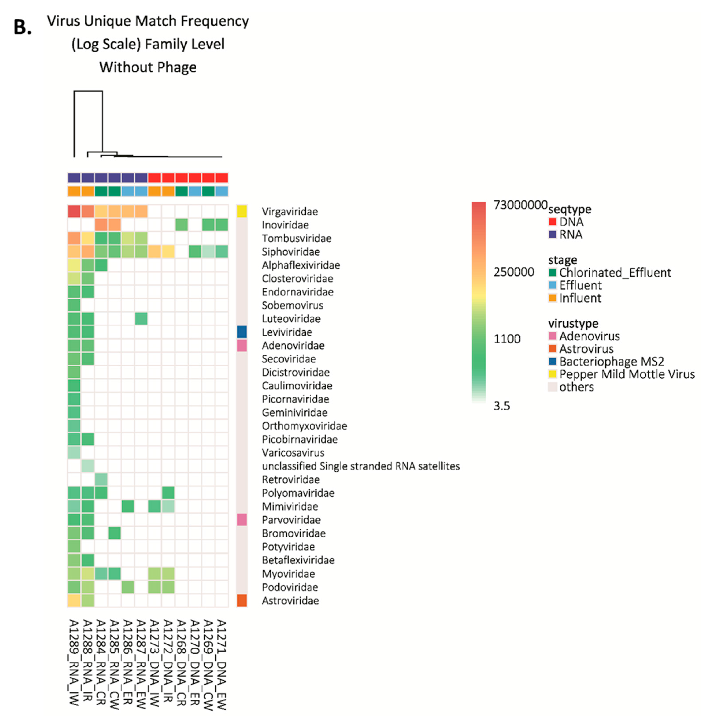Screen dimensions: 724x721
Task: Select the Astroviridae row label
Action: (290, 600)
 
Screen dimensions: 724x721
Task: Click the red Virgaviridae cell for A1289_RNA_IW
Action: (74, 211)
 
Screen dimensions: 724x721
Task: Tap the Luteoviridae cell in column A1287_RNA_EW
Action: (141, 319)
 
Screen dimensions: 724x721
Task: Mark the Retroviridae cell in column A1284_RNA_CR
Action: (101, 479)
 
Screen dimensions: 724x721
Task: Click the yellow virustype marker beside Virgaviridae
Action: (242, 211)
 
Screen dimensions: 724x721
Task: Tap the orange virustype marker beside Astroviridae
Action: (242, 600)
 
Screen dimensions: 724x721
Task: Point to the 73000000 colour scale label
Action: (520, 205)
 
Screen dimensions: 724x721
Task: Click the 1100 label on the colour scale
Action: (507, 339)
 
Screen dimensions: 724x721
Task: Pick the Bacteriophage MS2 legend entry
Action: (611, 361)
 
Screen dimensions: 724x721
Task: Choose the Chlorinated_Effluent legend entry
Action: (615, 273)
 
